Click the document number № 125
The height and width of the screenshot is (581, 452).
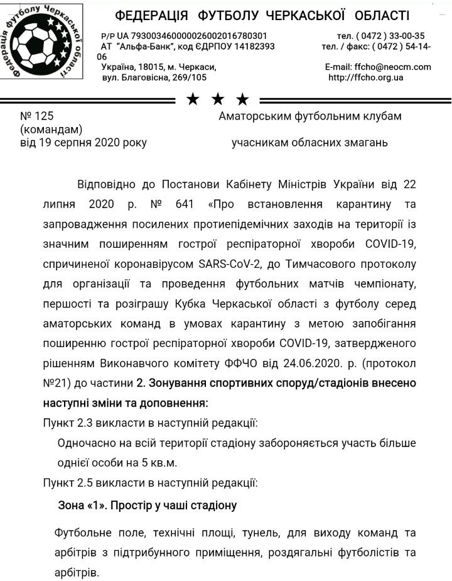(x=38, y=116)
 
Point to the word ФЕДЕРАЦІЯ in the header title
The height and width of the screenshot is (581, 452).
(x=153, y=16)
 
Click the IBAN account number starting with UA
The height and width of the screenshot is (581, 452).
(x=189, y=36)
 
